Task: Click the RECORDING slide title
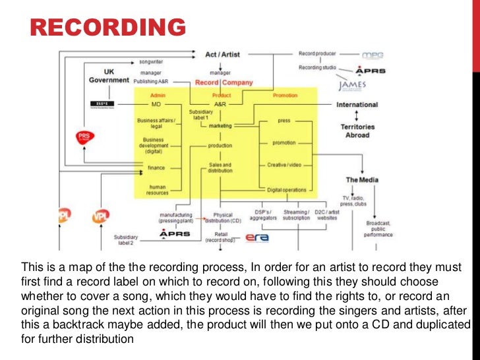click(x=109, y=27)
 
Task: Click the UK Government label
click(x=109, y=76)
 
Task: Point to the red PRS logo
click(x=85, y=138)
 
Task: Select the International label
click(x=357, y=105)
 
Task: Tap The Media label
click(x=362, y=179)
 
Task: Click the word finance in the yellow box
click(x=156, y=167)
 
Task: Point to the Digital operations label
click(x=287, y=190)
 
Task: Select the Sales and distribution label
click(x=220, y=168)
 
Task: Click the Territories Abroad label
click(x=357, y=131)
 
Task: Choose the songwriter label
click(x=151, y=61)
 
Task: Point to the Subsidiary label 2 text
click(x=125, y=239)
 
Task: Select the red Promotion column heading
click(x=285, y=96)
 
